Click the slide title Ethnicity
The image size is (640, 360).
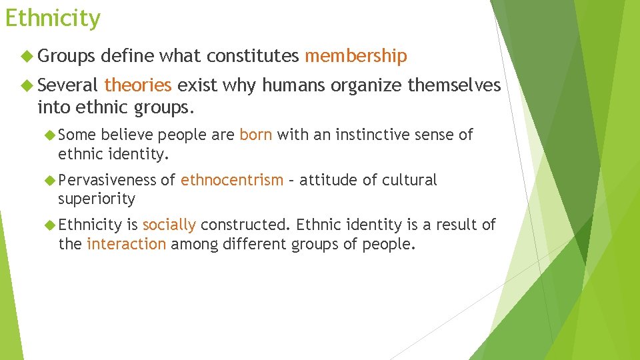point(53,18)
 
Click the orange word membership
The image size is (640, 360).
point(355,57)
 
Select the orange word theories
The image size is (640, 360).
point(138,85)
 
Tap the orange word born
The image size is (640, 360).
point(256,135)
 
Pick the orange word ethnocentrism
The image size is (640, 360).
point(232,180)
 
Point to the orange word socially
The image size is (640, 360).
point(169,225)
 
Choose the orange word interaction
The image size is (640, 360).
point(126,244)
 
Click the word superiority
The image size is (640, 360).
point(97,199)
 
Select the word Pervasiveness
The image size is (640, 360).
point(107,180)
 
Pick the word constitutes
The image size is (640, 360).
point(253,57)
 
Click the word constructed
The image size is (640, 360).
point(247,225)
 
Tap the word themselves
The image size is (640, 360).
point(454,85)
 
